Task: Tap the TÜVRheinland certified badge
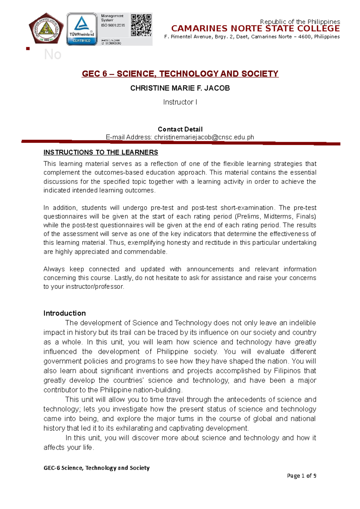click(x=82, y=29)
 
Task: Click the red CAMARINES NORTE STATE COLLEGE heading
click(x=255, y=29)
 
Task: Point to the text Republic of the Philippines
click(x=300, y=22)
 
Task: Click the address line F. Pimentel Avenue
click(x=252, y=37)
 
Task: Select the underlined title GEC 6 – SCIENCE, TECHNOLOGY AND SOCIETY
click(x=180, y=74)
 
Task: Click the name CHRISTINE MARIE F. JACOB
click(x=180, y=88)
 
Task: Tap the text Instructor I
click(x=180, y=102)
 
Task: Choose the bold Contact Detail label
click(x=180, y=129)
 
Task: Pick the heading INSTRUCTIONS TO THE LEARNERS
click(x=101, y=152)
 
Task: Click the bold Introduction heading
click(x=64, y=313)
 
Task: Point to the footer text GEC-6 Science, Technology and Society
click(x=97, y=468)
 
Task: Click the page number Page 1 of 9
click(x=301, y=476)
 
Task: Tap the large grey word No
click(x=52, y=55)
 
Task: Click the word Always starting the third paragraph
click(x=54, y=269)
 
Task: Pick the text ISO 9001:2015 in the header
click(x=113, y=25)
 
